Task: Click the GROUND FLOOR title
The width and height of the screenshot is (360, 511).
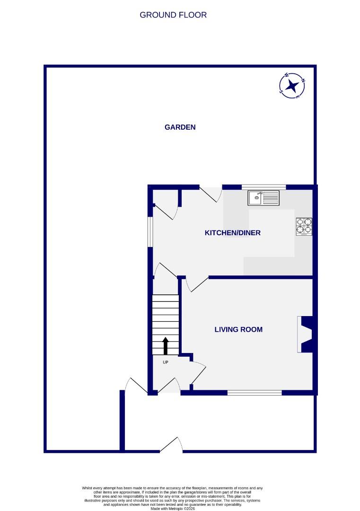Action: click(x=173, y=15)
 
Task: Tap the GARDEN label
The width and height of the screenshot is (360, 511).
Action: click(x=180, y=127)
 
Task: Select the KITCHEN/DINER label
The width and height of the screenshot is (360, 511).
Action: click(x=232, y=233)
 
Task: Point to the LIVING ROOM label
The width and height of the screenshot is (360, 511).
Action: click(x=238, y=329)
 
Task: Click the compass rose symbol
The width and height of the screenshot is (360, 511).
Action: click(x=292, y=86)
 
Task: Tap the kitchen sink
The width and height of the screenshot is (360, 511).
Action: click(x=263, y=198)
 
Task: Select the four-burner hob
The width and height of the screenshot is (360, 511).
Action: click(x=304, y=226)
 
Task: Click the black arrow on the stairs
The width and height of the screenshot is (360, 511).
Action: click(x=166, y=345)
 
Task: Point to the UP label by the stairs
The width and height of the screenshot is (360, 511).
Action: click(x=165, y=362)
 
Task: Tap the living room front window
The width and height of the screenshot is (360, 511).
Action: click(x=255, y=392)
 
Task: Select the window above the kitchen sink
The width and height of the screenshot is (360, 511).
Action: click(x=263, y=187)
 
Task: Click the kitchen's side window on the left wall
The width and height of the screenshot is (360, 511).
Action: click(x=149, y=232)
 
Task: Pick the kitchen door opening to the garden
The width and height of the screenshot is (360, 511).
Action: click(x=211, y=194)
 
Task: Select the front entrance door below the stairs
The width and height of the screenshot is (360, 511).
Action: click(x=168, y=386)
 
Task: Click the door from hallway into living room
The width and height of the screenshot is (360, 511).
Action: click(x=198, y=374)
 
